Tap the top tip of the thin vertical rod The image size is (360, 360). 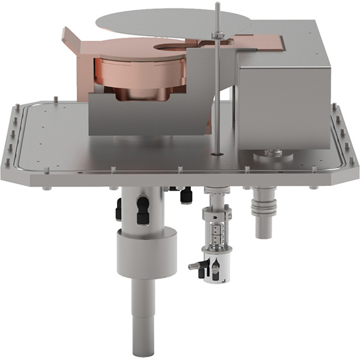click(217, 5)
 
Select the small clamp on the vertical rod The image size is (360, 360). click(217, 36)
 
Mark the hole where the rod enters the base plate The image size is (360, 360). click(217, 154)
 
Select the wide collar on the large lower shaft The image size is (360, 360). click(146, 252)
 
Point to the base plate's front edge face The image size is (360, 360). click(180, 178)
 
